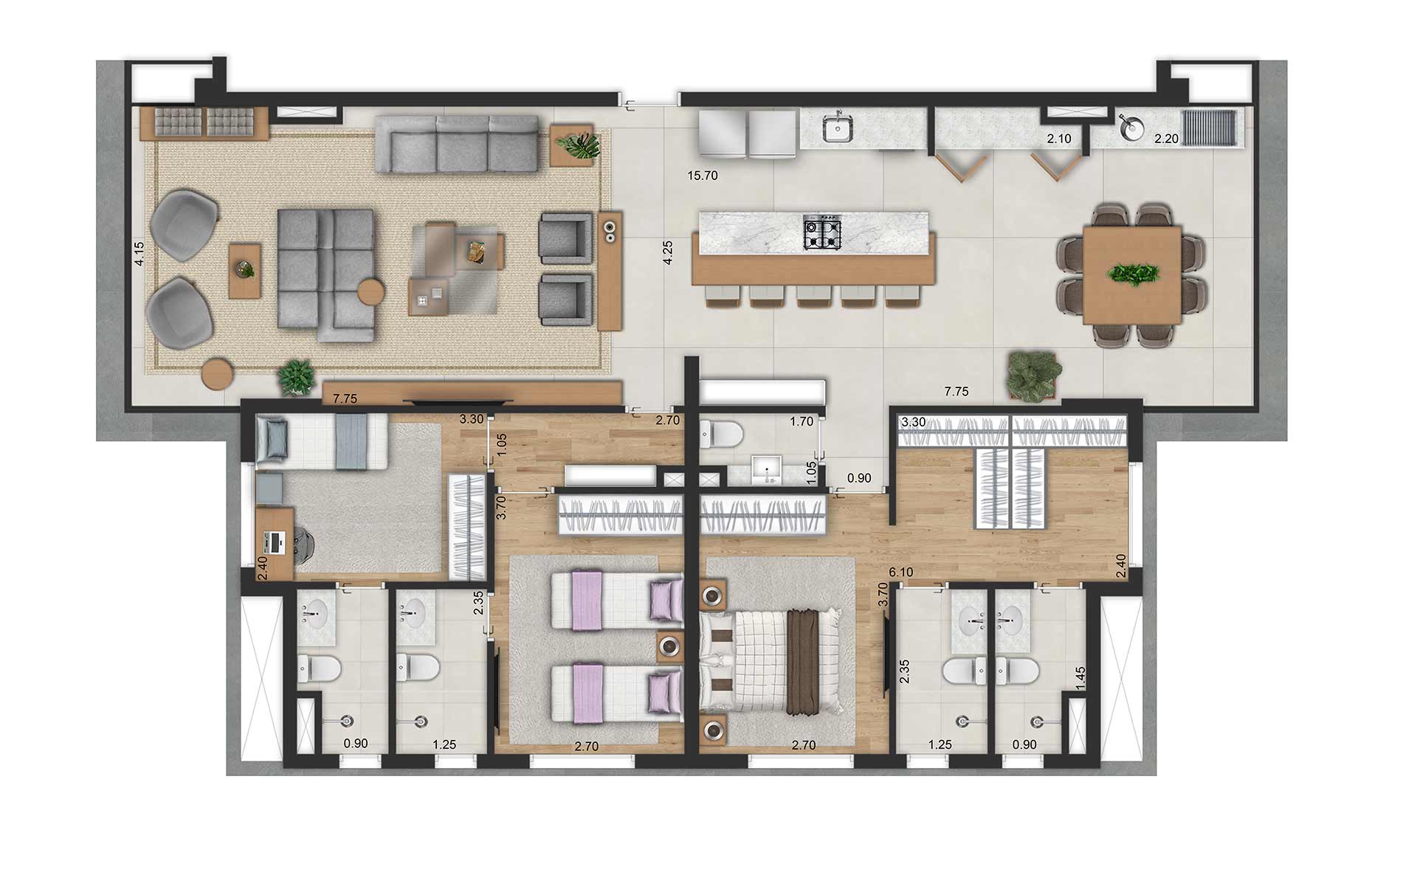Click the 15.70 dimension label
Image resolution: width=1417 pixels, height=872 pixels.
[702, 176]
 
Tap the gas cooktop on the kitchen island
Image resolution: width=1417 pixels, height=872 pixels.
[822, 232]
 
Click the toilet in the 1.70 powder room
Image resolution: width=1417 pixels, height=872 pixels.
[720, 435]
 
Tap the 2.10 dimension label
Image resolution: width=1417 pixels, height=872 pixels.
[1058, 138]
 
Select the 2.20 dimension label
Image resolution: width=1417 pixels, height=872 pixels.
[1166, 138]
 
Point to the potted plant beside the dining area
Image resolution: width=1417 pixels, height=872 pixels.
[1035, 376]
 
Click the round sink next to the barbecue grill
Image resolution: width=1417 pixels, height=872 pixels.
[1128, 128]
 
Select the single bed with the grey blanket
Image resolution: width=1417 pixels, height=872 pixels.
[323, 441]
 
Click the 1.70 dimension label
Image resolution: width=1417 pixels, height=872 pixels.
[801, 422]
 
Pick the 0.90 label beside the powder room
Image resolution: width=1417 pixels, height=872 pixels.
[858, 478]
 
